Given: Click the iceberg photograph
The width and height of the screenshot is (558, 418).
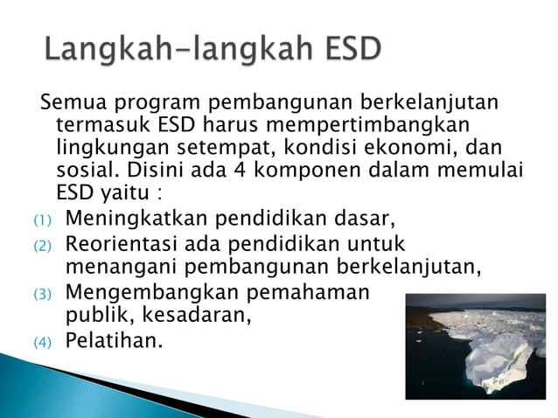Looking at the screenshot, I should tap(477, 346).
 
